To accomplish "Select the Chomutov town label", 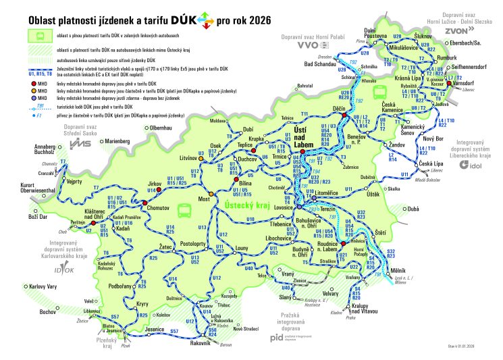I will point(157,208).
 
